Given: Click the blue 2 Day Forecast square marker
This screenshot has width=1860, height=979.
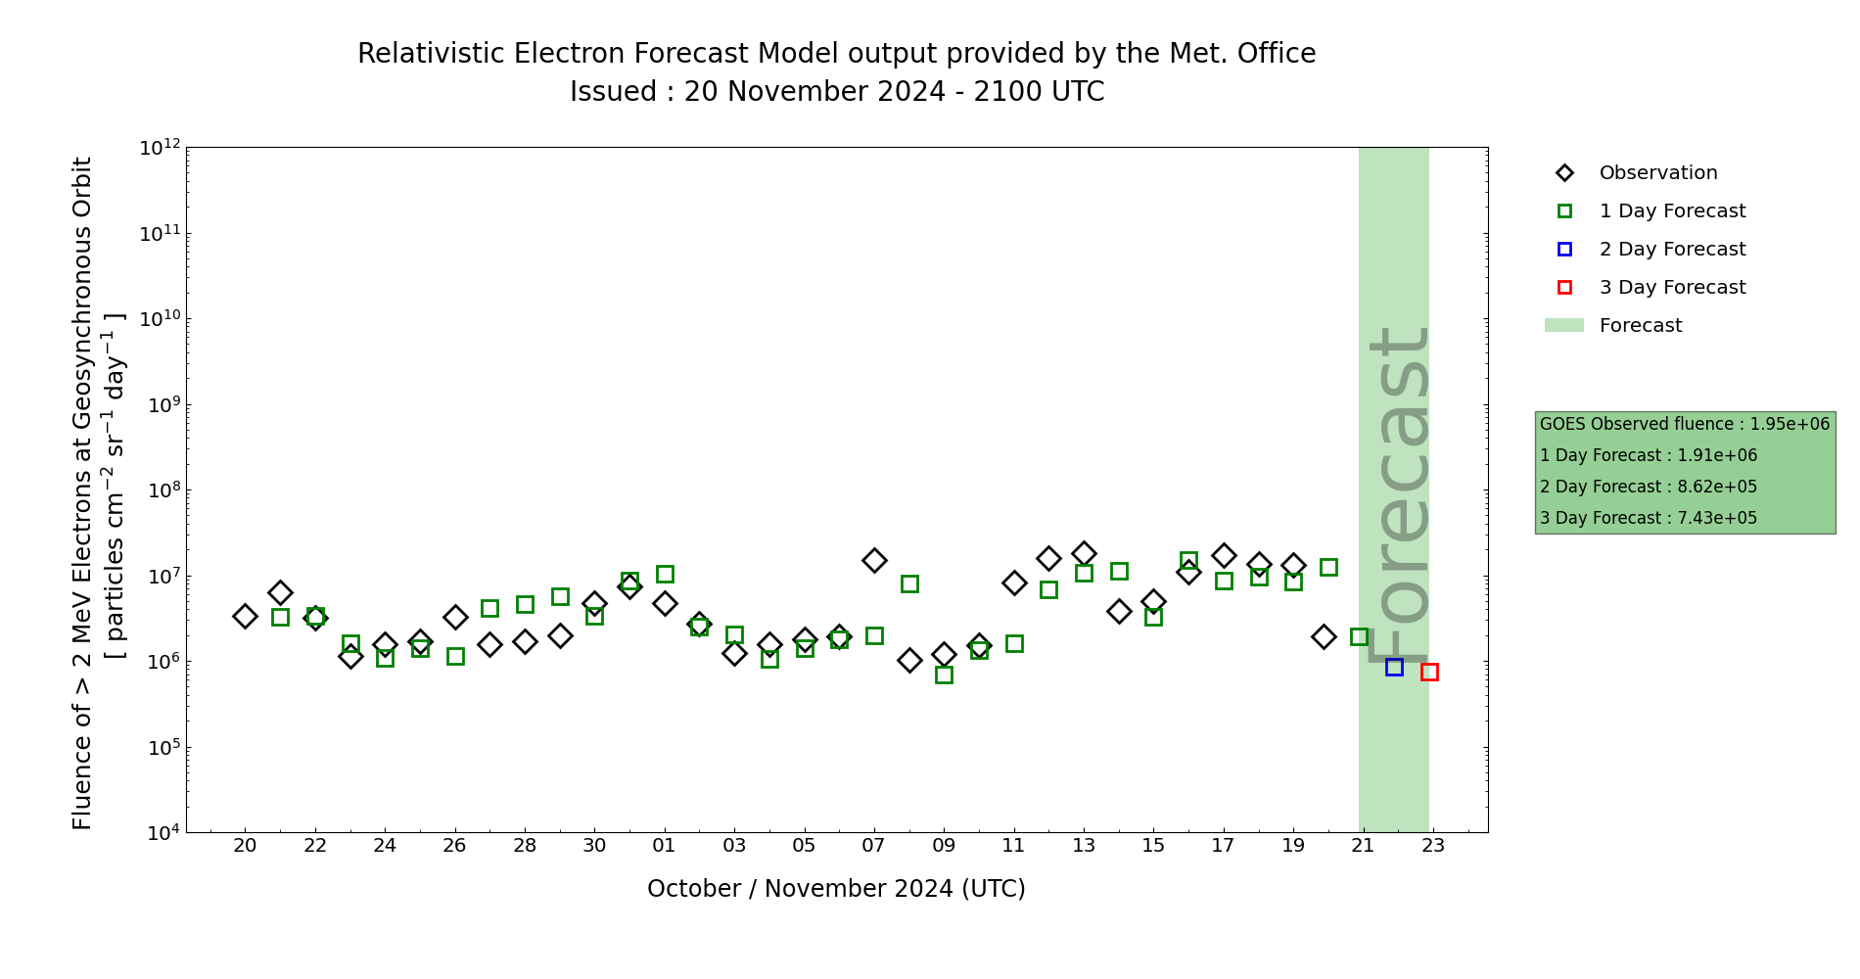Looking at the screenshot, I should click(1394, 667).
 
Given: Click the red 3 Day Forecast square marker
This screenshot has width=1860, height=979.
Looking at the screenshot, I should click(1429, 672).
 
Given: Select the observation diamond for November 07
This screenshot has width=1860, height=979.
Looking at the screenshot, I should click(874, 560).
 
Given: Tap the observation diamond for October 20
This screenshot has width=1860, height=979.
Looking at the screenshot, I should click(245, 616).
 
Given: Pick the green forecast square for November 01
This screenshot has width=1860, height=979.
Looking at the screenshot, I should click(665, 574).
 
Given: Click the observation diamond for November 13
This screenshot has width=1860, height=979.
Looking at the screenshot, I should click(1084, 553).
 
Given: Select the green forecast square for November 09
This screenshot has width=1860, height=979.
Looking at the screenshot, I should click(944, 675).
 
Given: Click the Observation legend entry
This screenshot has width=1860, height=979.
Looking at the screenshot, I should click(1657, 173).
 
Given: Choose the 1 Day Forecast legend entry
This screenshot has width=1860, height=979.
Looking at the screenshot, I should click(1671, 211).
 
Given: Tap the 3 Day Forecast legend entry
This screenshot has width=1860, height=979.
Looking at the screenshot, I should click(1671, 288).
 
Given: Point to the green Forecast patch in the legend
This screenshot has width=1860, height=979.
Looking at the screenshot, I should click(1563, 325).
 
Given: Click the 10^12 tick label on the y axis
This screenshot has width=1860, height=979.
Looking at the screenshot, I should click(161, 148).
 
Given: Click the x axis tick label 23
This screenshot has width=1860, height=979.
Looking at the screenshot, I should click(1433, 846).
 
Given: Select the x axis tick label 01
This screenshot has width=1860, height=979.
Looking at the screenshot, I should click(665, 846).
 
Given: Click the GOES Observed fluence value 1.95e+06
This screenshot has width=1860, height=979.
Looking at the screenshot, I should click(1790, 425).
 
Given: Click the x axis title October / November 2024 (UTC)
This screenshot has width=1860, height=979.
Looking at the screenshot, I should click(836, 889).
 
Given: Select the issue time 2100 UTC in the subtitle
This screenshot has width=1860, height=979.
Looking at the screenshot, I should click(1039, 92).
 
